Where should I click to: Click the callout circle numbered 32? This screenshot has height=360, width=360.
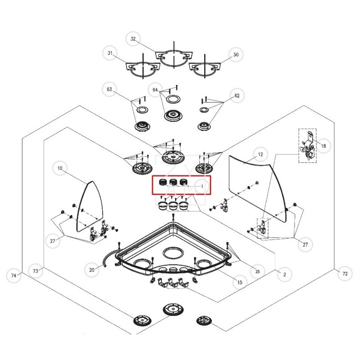(133, 39)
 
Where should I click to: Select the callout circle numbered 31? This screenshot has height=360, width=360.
(110, 54)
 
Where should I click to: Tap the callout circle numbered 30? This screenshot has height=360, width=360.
(236, 55)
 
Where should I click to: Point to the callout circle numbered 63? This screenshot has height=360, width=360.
(109, 90)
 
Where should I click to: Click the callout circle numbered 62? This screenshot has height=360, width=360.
(237, 95)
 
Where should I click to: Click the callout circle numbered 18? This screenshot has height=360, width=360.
(324, 146)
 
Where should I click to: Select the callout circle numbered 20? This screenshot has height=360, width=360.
(92, 270)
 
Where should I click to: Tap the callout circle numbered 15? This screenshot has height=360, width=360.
(239, 282)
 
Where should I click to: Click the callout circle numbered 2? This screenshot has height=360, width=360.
(284, 274)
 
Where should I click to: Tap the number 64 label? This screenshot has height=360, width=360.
(156, 90)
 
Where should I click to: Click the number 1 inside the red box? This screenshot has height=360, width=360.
(202, 185)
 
